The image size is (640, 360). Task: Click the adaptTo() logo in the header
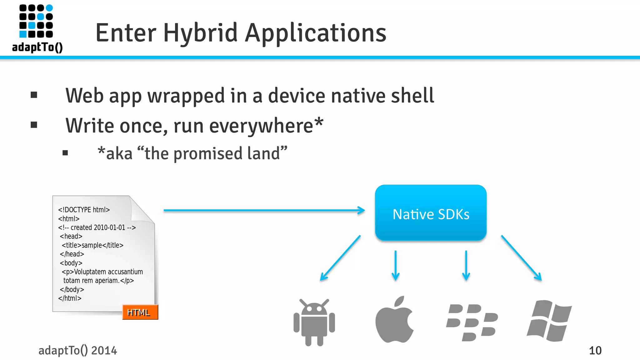(x=37, y=28)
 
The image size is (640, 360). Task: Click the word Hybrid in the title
(x=200, y=33)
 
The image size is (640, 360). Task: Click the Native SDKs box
(x=431, y=213)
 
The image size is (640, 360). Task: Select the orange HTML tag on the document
(x=140, y=312)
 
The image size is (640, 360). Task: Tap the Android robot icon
(x=314, y=322)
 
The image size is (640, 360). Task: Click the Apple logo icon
(x=394, y=320)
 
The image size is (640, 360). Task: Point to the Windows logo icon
(x=549, y=321)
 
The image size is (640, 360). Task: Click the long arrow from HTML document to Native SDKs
(x=264, y=210)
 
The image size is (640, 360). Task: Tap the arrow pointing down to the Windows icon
(x=521, y=258)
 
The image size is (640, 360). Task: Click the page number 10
(x=595, y=351)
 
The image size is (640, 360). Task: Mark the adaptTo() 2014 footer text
(x=77, y=351)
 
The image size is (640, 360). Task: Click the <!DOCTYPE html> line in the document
(x=84, y=210)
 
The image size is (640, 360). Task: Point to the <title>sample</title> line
(x=92, y=245)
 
